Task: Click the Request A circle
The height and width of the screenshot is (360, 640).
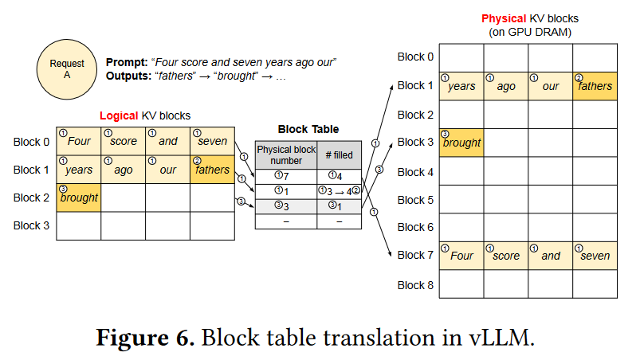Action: point(67,68)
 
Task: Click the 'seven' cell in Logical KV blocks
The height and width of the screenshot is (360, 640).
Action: point(213,141)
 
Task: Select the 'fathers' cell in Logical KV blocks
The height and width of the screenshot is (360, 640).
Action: point(213,169)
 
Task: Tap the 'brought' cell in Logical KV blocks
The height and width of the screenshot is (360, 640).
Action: point(78,197)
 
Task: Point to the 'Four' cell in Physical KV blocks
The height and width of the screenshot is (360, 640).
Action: point(461,255)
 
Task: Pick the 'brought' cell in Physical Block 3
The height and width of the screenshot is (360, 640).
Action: point(461,143)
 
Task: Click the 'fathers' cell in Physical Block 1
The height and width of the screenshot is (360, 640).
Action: point(595,86)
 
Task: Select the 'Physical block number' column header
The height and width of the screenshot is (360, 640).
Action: point(285,155)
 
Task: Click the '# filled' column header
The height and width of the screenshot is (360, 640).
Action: point(340,155)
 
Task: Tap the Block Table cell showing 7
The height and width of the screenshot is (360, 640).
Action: point(285,177)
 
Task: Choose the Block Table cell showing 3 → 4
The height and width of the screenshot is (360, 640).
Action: point(340,192)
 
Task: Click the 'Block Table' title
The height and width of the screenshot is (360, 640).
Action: point(308,129)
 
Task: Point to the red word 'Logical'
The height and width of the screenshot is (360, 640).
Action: point(118,115)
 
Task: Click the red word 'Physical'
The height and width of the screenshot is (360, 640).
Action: point(504,18)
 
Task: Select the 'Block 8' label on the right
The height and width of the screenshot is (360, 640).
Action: point(415,284)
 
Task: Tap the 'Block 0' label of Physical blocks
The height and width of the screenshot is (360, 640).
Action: point(415,57)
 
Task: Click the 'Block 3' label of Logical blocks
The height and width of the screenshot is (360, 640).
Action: point(32,225)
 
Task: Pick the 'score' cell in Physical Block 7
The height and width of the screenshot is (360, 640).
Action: point(505,255)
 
